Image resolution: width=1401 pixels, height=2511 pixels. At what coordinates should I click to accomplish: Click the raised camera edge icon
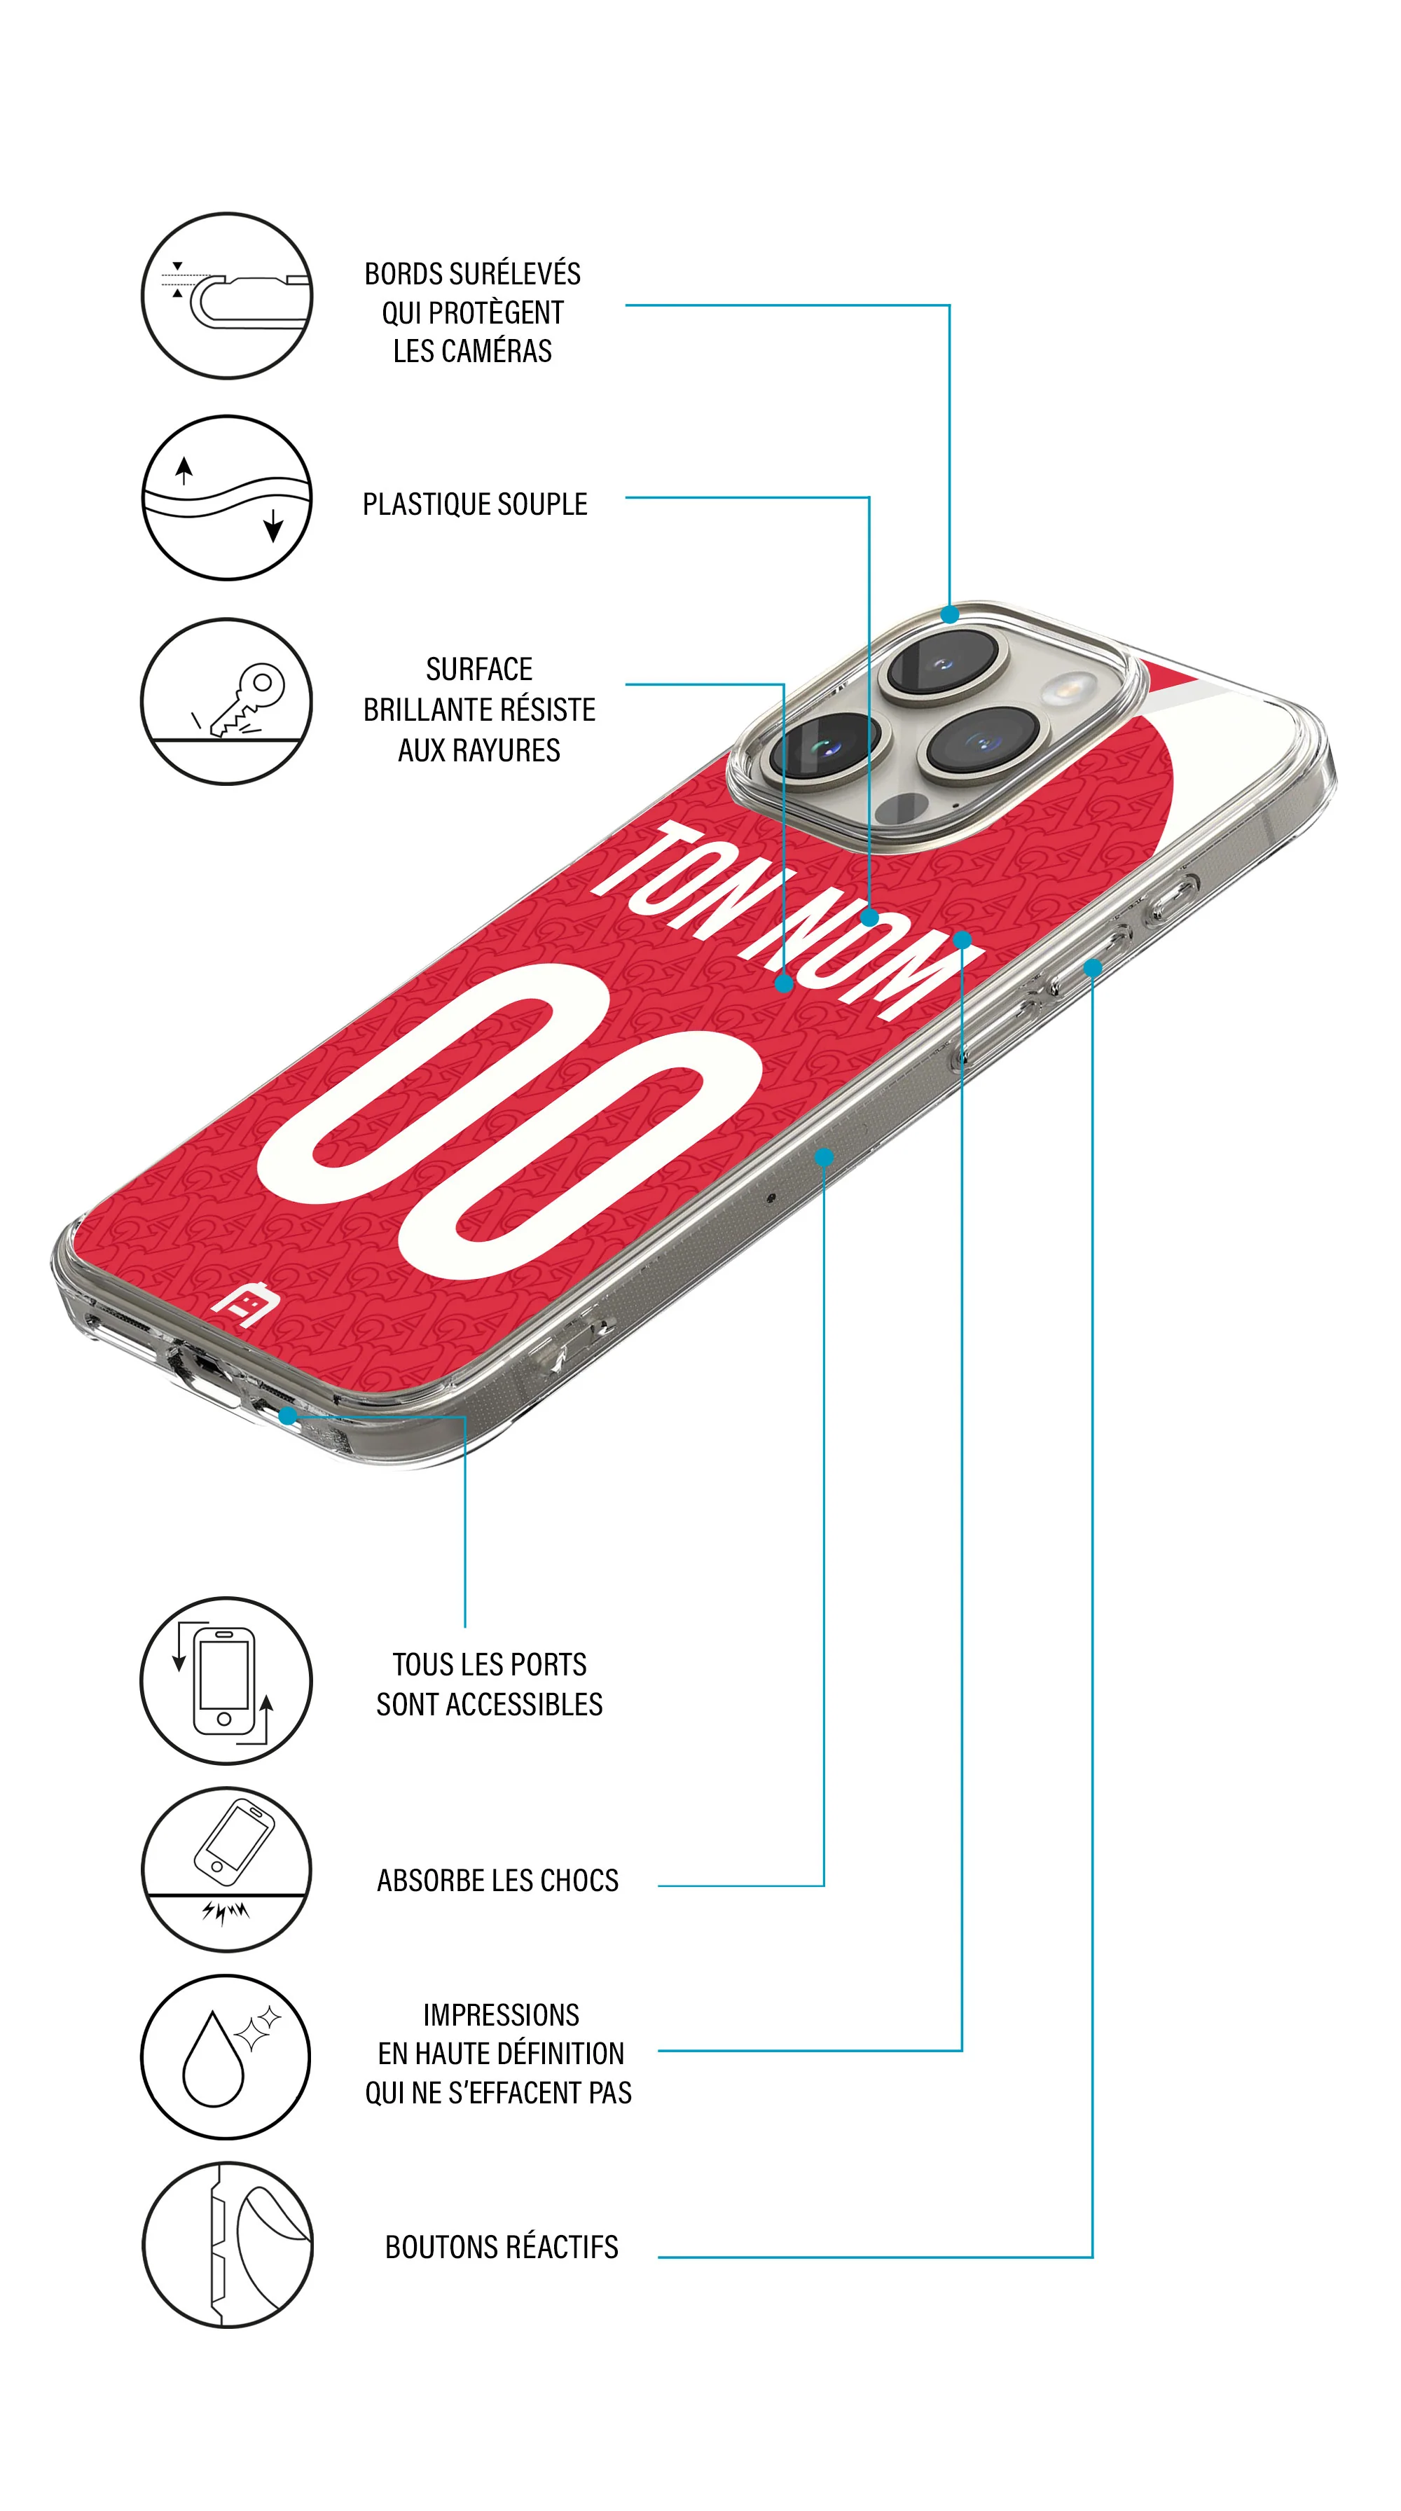click(x=227, y=296)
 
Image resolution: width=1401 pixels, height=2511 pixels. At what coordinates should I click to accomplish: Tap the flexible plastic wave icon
click(x=227, y=497)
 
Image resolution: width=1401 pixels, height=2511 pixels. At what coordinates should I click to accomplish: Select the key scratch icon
click(x=227, y=701)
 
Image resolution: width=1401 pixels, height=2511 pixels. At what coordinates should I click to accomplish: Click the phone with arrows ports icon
click(x=226, y=1680)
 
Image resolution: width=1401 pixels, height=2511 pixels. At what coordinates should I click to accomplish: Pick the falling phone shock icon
click(x=227, y=1869)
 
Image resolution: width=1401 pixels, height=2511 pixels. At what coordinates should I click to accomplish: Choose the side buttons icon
click(x=227, y=2245)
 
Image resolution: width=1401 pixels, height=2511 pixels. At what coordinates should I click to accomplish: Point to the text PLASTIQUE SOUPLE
click(x=475, y=504)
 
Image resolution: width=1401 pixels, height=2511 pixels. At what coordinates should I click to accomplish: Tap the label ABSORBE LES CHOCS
click(x=497, y=1881)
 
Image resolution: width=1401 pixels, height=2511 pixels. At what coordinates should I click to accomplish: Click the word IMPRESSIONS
click(x=501, y=2014)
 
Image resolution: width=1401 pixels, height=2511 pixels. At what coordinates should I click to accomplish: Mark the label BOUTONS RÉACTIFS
click(x=501, y=2247)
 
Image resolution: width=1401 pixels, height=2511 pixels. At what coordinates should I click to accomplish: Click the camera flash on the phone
click(x=1070, y=689)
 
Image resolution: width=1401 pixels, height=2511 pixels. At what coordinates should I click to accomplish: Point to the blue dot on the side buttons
click(x=1093, y=968)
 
